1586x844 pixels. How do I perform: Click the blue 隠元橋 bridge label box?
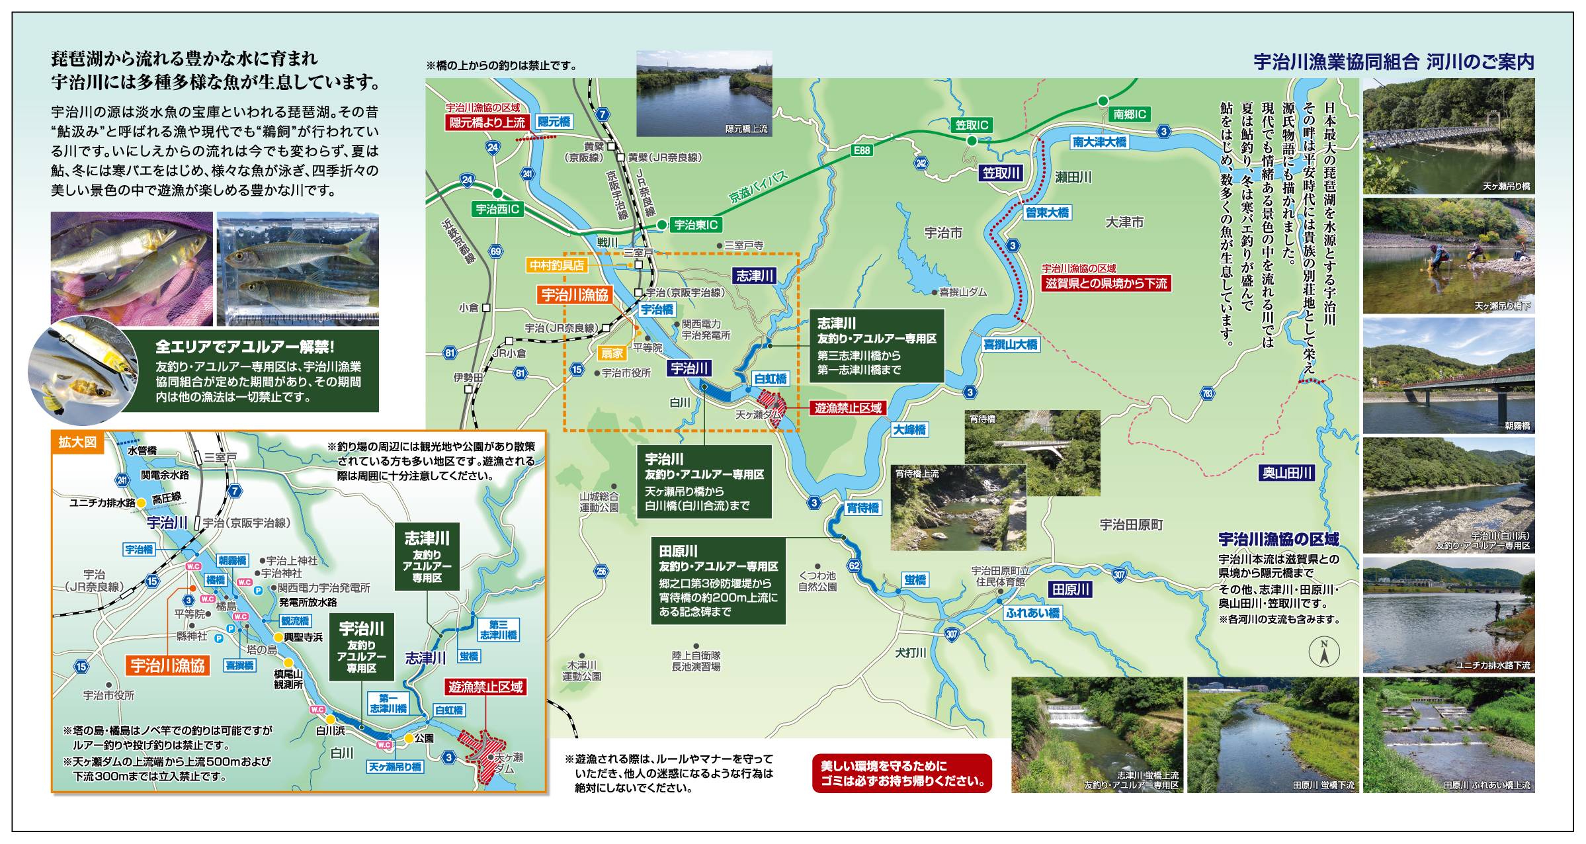pos(554,122)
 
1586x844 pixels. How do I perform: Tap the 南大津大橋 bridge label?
pos(1099,142)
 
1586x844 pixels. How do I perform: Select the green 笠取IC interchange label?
pos(972,125)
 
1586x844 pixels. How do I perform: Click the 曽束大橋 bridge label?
pos(1047,212)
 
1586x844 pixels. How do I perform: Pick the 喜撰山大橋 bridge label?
pos(1010,344)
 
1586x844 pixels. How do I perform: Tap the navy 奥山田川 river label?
pos(1286,472)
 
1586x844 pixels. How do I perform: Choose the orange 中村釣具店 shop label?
pos(557,265)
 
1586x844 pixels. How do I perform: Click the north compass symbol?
pos(1325,652)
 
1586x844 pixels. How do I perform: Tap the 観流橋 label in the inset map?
pos(295,620)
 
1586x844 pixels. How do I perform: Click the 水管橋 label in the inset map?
pos(142,450)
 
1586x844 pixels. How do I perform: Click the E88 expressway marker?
pos(861,150)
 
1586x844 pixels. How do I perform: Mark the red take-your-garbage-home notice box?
pos(902,773)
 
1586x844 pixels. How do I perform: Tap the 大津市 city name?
pos(1124,222)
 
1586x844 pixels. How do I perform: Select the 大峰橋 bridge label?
pos(910,429)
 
